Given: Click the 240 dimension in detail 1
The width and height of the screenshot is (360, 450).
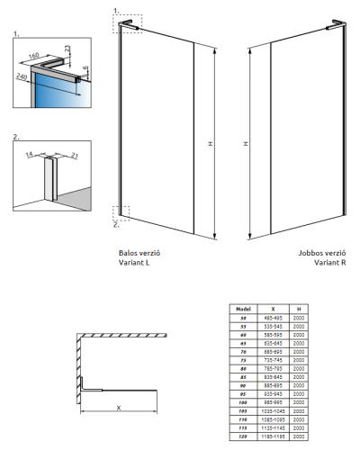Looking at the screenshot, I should (21, 77).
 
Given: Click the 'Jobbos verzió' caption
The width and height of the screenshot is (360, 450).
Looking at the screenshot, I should (322, 254).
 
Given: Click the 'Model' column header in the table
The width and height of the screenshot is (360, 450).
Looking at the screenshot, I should (241, 309).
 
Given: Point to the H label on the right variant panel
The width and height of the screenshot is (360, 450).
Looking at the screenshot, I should (247, 142).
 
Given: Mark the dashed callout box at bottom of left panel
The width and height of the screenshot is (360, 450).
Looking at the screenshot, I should (121, 212).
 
